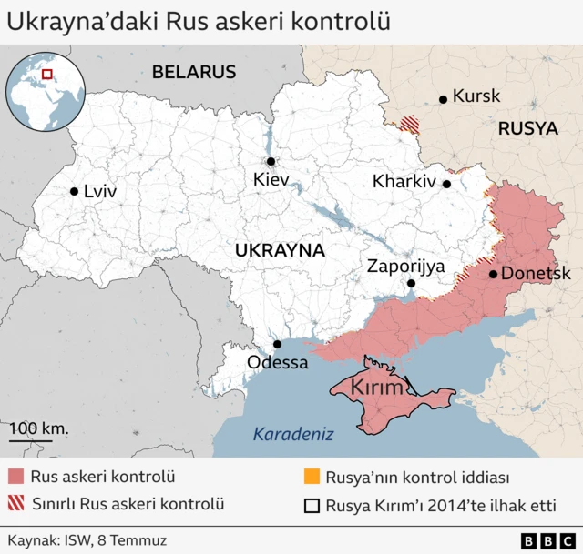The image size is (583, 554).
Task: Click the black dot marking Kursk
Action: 443,99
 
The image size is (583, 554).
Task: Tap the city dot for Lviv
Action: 74,191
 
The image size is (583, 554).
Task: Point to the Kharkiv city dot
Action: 446,183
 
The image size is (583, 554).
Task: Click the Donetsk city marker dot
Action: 493,274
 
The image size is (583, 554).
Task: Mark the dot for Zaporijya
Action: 411,284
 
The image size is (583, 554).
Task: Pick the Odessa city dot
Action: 278,344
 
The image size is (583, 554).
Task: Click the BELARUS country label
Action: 194,72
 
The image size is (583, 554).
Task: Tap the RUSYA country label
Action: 527,129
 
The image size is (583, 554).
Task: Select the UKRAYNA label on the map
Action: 280,249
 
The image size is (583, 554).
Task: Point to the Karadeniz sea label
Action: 293,434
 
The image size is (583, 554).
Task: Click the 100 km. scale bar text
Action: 39,427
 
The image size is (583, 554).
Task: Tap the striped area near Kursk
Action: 411,125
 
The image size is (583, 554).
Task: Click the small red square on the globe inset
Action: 48,74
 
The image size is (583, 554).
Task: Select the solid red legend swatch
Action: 15,477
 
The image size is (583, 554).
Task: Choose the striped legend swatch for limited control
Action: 15,503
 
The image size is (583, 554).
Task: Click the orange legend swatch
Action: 311,477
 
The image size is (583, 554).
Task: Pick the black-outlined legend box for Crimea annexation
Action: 311,507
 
